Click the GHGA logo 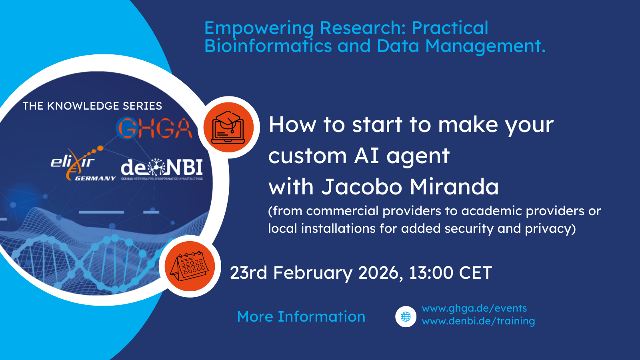154,128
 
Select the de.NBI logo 162,169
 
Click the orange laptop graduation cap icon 228,127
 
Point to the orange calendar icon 190,266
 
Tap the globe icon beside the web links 406,316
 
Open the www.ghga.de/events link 474,308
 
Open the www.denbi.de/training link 478,321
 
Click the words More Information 301,317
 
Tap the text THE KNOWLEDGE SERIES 92,106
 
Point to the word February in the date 313,273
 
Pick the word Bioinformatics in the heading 268,46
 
